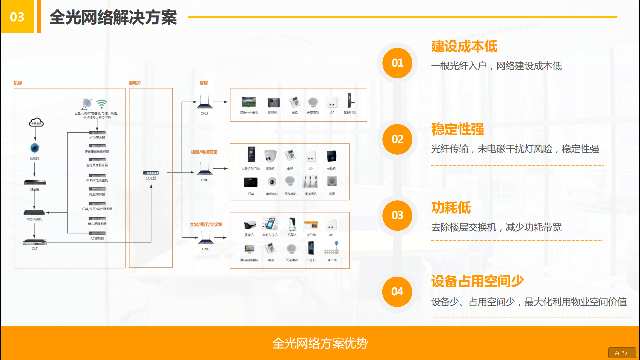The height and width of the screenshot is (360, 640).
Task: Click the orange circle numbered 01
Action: (x=397, y=63)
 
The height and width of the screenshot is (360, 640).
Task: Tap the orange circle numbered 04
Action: (x=397, y=292)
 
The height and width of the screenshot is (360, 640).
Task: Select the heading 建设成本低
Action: (x=464, y=46)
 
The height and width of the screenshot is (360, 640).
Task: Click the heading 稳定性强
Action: (x=457, y=129)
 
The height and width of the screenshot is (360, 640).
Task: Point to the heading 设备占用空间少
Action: (x=477, y=281)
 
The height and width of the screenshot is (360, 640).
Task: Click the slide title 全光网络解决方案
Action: (x=113, y=17)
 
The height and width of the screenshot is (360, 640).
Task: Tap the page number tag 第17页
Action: (x=622, y=353)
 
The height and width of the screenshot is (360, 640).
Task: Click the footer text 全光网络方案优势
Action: (x=320, y=343)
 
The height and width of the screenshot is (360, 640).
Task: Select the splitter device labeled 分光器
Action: (x=151, y=173)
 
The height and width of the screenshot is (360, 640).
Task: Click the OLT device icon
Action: (x=35, y=242)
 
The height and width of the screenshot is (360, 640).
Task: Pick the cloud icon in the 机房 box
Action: (x=36, y=122)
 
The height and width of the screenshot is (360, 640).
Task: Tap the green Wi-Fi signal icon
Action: (x=102, y=103)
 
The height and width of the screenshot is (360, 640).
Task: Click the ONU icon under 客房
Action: (x=205, y=103)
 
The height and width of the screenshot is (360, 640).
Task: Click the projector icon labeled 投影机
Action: (x=273, y=103)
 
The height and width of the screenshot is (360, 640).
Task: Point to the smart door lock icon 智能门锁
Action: (x=349, y=101)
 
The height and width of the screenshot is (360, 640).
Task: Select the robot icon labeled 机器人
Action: (x=292, y=224)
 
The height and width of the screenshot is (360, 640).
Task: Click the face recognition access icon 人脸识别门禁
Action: (x=251, y=155)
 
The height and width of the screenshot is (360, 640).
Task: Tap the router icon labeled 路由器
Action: (x=35, y=182)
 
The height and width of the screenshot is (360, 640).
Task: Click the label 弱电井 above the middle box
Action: (x=135, y=83)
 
